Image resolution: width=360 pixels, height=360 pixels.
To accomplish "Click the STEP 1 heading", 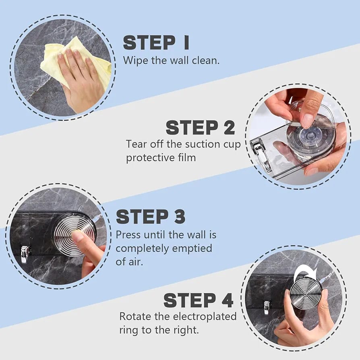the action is tap(156, 43).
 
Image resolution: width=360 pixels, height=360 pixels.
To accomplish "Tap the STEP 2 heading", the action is tap(201, 128).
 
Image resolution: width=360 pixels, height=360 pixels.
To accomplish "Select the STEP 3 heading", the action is tap(151, 217).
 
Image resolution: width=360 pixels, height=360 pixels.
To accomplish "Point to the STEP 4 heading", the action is tap(199, 300).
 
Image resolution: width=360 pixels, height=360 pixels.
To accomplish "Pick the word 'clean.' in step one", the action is tap(206, 60).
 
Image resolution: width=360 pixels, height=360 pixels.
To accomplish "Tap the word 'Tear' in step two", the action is tap(137, 144).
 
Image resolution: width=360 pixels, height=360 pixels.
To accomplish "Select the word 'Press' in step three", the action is tap(128, 235).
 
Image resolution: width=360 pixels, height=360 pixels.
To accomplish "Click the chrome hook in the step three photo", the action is tap(25, 254).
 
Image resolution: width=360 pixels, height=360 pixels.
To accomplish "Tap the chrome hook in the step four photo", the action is tap(266, 307).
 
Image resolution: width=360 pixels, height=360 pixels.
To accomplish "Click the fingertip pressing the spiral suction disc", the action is tap(77, 236).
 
